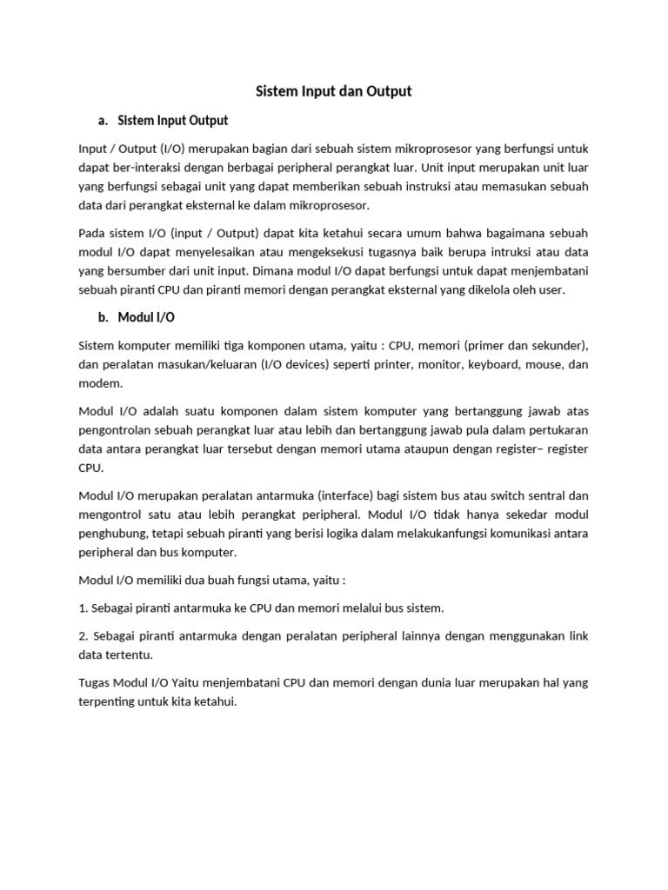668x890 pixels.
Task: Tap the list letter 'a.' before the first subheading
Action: coord(105,120)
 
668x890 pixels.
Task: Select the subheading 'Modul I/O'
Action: coord(146,318)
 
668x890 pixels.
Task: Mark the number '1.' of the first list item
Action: coord(83,608)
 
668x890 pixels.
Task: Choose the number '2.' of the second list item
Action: coord(83,637)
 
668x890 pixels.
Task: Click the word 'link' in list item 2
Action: coord(578,637)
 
